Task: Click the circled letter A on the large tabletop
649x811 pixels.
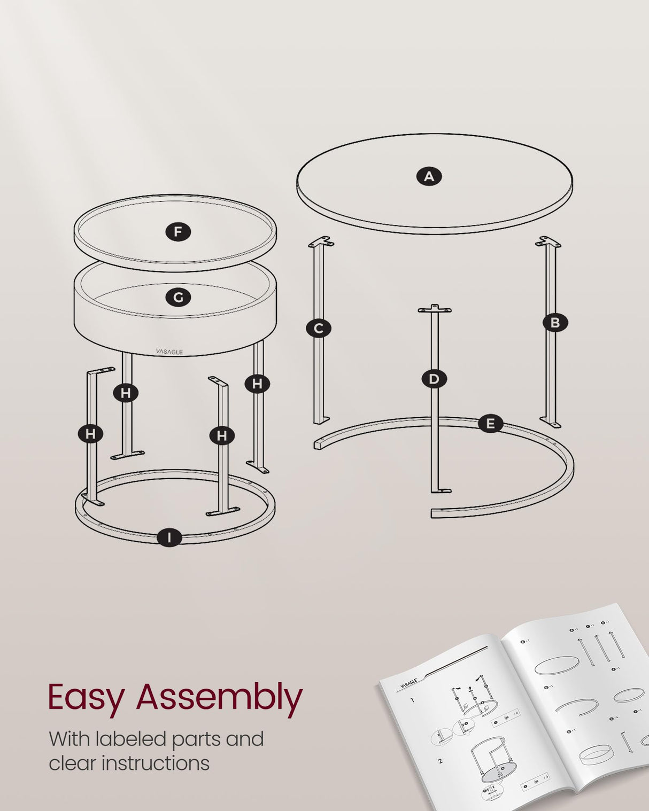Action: click(429, 176)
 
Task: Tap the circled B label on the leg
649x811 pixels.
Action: click(554, 323)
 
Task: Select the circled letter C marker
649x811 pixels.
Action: click(318, 328)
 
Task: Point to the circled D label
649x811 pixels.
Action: click(434, 379)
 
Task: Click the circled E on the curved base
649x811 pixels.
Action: click(490, 424)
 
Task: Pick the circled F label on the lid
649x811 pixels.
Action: click(178, 232)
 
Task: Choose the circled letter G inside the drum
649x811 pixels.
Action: click(178, 298)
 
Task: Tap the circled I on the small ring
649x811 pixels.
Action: click(169, 537)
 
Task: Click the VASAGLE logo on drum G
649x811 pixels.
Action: click(169, 352)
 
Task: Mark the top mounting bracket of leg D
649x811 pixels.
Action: click(434, 309)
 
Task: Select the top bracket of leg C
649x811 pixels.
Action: click(321, 242)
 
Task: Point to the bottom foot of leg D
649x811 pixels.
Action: click(441, 490)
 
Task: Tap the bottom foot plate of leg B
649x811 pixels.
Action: click(551, 422)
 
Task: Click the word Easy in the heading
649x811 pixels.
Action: click(86, 698)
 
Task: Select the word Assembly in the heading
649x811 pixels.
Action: click(219, 698)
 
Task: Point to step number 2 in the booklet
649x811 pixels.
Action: click(440, 760)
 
